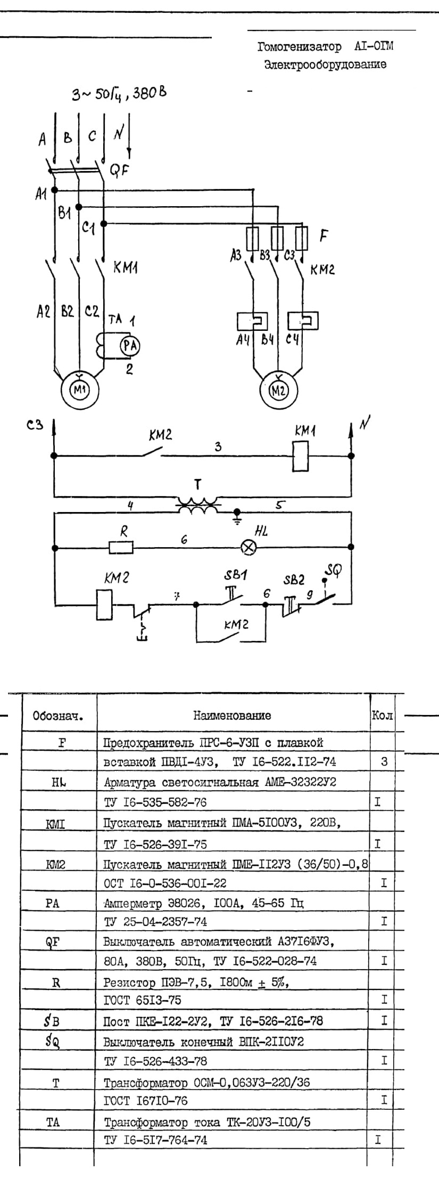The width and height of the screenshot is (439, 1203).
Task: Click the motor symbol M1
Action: point(78,390)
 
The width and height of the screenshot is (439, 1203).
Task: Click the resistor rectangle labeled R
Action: point(121,547)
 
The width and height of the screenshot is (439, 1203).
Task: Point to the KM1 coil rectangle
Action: point(301,456)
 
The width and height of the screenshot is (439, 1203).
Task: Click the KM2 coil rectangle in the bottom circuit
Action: point(104,604)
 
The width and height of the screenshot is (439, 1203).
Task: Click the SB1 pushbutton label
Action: point(235,576)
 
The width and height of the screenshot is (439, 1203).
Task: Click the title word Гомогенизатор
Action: point(299,47)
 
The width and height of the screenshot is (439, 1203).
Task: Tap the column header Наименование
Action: point(232,716)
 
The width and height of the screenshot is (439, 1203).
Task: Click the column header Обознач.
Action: point(58,716)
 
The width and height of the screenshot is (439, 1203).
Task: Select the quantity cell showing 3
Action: point(384,762)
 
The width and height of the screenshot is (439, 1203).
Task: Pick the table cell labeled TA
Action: point(53,1123)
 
